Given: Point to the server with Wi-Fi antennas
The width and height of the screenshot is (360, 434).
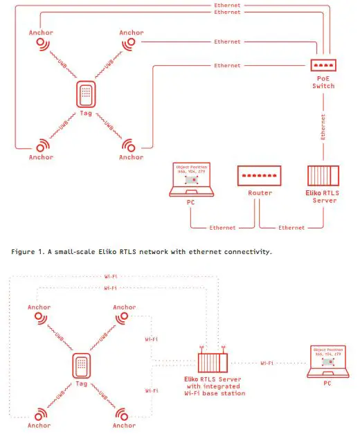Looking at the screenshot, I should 212,360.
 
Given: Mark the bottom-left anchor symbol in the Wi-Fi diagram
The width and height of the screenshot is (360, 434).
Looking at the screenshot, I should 41,414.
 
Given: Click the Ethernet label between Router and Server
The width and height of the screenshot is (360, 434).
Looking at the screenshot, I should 291,227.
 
